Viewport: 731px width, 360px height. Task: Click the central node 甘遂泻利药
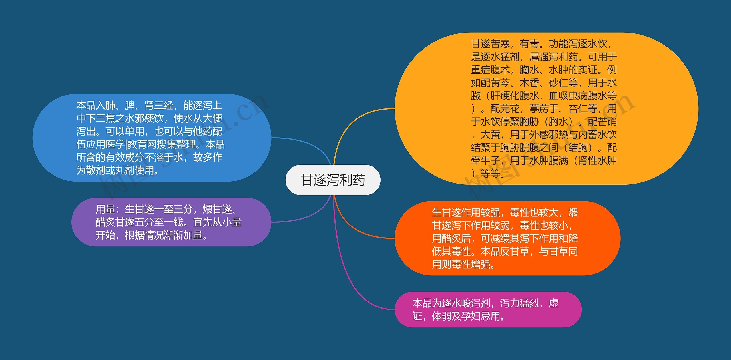click(333, 180)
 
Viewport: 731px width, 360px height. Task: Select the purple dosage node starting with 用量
click(171, 222)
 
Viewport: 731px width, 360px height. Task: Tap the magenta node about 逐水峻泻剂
click(488, 309)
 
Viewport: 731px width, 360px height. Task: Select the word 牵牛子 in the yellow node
click(485, 161)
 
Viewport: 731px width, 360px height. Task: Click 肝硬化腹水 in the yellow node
click(515, 96)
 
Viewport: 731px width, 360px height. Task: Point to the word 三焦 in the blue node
click(105, 118)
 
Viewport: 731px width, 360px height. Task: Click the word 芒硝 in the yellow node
click(603, 122)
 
